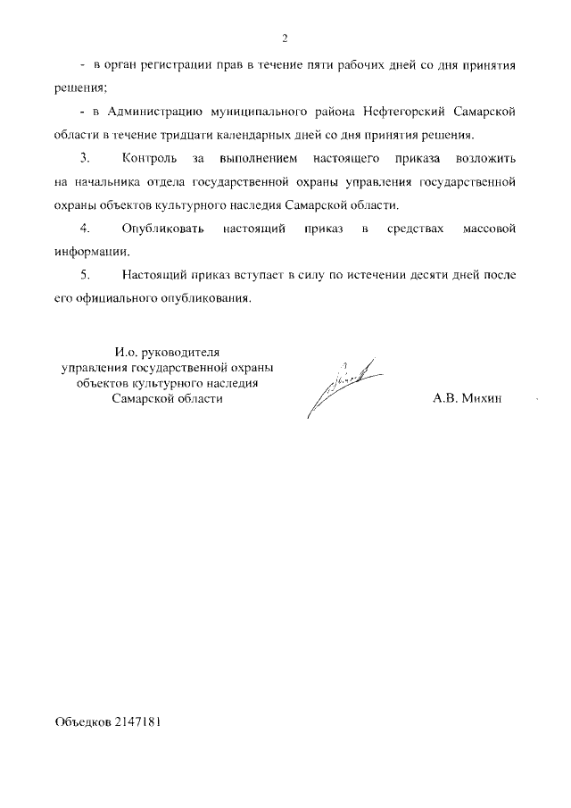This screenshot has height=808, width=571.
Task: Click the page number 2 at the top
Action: click(285, 38)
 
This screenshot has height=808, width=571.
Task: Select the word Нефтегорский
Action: click(400, 113)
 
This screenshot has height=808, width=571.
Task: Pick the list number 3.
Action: click(85, 159)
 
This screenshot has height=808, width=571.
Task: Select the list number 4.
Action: click(85, 229)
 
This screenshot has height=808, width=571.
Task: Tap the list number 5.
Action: click(85, 275)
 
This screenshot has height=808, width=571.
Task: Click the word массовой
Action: click(492, 229)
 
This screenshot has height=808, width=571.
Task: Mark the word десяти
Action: click(407, 275)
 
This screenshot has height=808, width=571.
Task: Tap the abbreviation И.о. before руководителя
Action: click(119, 354)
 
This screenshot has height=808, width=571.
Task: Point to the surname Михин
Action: click(483, 399)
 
